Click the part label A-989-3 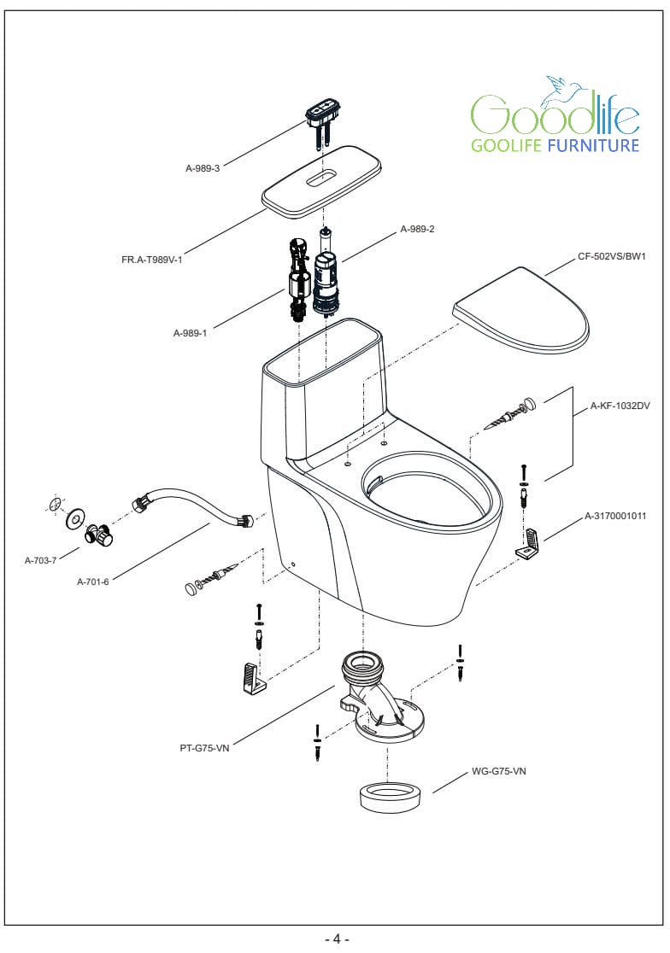[203, 168]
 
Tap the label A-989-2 [418, 229]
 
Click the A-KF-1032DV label [620, 407]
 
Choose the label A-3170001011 [614, 516]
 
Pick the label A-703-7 [40, 560]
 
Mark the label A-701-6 [92, 582]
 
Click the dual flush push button [320, 111]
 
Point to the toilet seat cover [523, 311]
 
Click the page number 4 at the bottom [337, 939]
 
